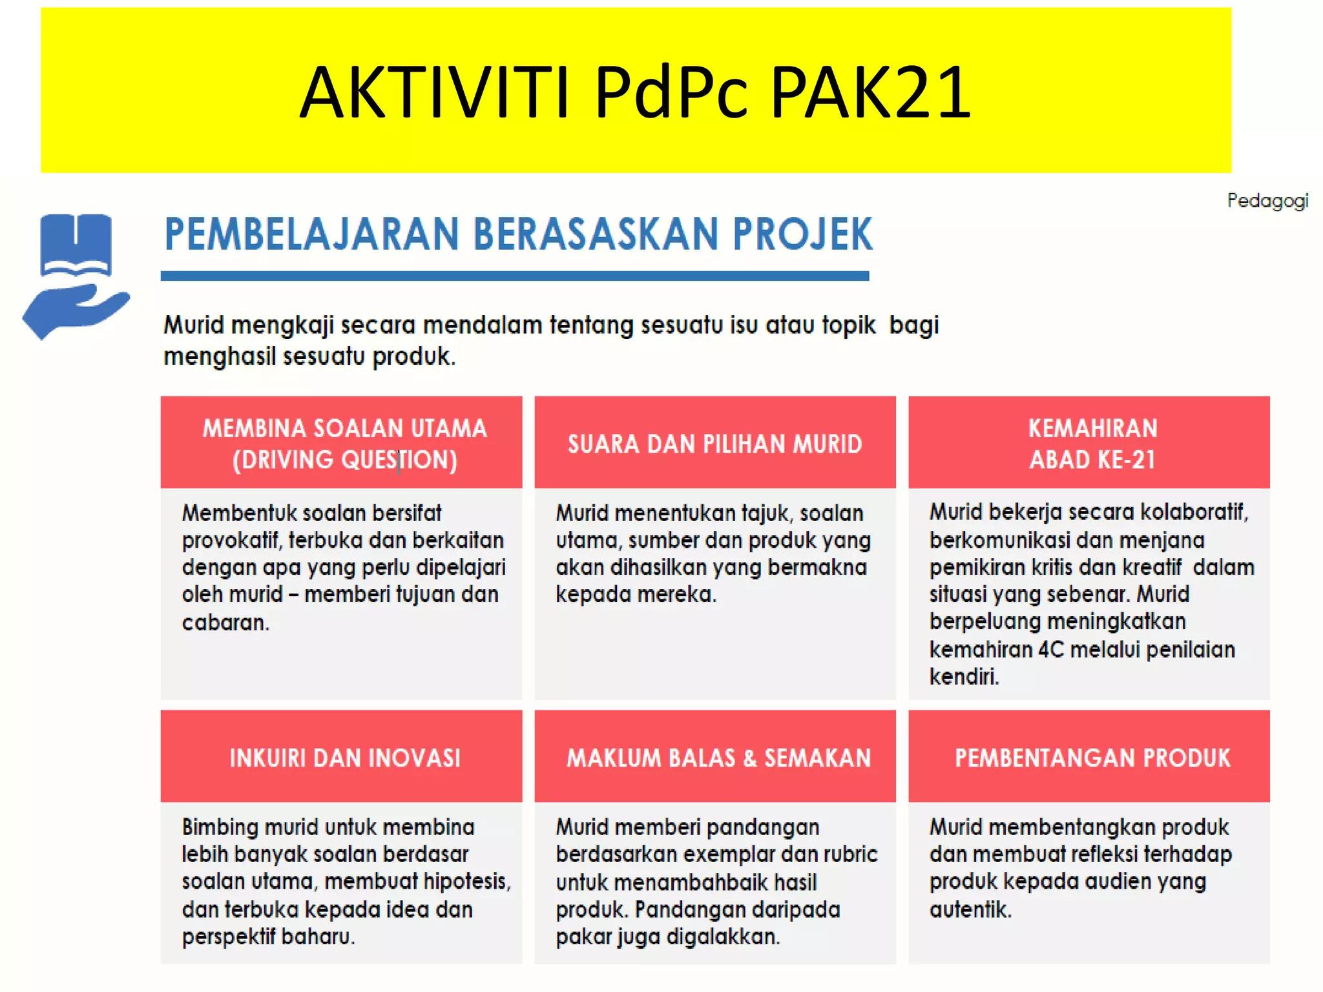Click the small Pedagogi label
[1267, 201]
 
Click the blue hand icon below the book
[74, 310]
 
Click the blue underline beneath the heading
[514, 276]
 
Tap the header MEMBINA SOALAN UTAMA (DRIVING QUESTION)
[344, 444]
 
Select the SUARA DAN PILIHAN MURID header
[714, 444]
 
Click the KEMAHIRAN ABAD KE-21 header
[1092, 444]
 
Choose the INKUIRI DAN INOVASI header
[344, 758]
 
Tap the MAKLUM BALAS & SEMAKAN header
[718, 758]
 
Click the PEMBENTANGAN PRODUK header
[1092, 758]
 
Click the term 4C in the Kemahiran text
[1050, 649]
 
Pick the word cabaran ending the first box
[225, 623]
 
